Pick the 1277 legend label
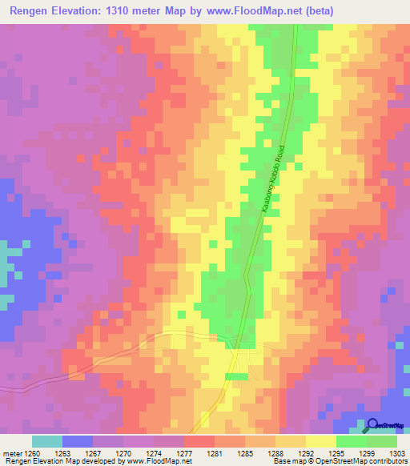pyautogui.click(x=185, y=452)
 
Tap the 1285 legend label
pyautogui.click(x=244, y=452)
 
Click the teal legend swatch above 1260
pyautogui.click(x=47, y=441)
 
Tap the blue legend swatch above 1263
pyautogui.click(x=78, y=441)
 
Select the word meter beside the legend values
pyautogui.click(x=13, y=452)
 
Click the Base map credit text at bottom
pyautogui.click(x=338, y=461)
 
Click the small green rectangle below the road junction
pyautogui.click(x=236, y=376)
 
